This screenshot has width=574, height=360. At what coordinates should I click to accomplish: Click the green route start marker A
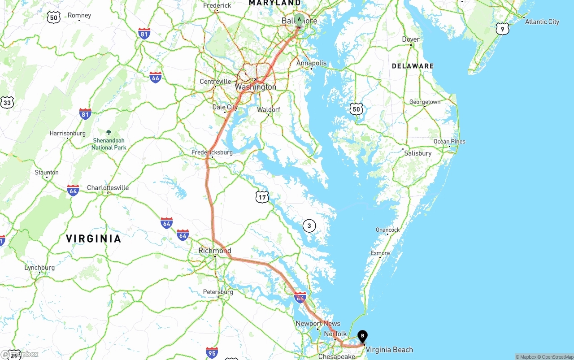pos(299,20)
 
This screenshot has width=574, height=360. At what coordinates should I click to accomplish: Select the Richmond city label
pos(215,251)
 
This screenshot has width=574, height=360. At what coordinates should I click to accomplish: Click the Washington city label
pos(255,87)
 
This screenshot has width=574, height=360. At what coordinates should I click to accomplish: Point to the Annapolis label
pos(311,63)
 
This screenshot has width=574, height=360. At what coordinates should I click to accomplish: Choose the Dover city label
pos(410,39)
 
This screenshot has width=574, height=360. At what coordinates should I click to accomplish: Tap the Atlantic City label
pos(542,22)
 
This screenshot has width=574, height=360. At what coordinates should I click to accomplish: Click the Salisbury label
pos(417,153)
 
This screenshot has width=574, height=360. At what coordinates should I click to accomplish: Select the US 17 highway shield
pos(262,196)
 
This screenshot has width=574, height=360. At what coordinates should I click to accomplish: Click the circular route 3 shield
pos(309,226)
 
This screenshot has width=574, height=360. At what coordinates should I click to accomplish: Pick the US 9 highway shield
pos(503,29)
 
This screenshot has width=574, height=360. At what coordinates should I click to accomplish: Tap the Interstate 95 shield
pos(212,352)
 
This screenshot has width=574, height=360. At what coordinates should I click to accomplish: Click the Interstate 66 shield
pos(156,77)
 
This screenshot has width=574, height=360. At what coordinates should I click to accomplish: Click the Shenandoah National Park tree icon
pos(109,132)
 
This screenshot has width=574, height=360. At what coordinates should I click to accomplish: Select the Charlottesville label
pos(108,188)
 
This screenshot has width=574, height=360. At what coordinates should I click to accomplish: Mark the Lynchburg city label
pos(39,268)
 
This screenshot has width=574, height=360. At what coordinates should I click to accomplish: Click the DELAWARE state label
pos(413,66)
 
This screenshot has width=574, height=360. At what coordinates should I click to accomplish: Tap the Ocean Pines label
pos(449,142)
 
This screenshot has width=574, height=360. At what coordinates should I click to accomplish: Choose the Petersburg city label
pos(218,292)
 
